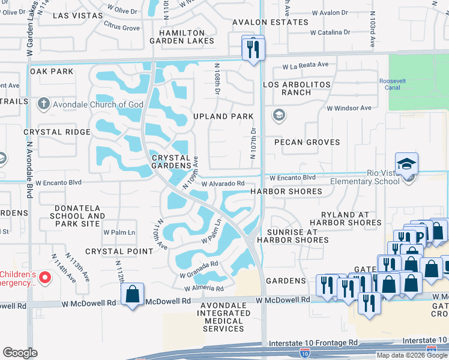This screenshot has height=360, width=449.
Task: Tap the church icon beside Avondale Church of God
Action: pyautogui.click(x=43, y=104)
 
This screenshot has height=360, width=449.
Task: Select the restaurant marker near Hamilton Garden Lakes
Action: pyautogui.click(x=253, y=48)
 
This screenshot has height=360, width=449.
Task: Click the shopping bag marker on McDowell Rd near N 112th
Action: pyautogui.click(x=132, y=295)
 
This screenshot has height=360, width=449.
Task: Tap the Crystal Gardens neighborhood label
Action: pyautogui.click(x=174, y=161)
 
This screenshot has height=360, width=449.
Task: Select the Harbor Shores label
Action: pyautogui.click(x=286, y=191)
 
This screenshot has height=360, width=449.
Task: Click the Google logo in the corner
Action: pyautogui.click(x=20, y=353)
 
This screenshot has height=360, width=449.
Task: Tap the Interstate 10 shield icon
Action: pyautogui.click(x=306, y=350)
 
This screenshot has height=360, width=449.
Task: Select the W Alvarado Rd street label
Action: pyautogui.click(x=223, y=184)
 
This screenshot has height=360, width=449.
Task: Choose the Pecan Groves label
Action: pyautogui.click(x=307, y=142)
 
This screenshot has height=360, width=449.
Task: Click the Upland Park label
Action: pyautogui.click(x=223, y=116)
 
